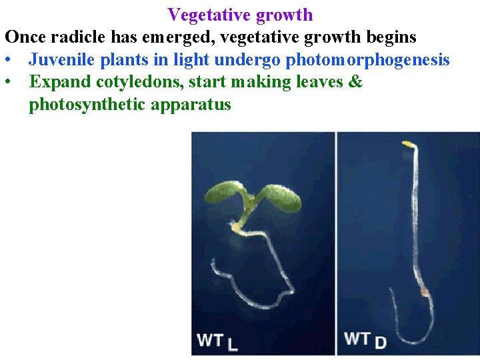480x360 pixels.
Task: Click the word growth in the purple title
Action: tap(286, 15)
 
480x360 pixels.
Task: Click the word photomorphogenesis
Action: tap(367, 60)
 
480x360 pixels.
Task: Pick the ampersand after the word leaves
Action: tap(356, 82)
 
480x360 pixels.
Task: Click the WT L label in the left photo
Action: tap(217, 341)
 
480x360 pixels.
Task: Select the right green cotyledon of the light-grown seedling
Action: tap(280, 197)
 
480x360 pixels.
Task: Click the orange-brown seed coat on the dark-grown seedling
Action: tap(423, 291)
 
